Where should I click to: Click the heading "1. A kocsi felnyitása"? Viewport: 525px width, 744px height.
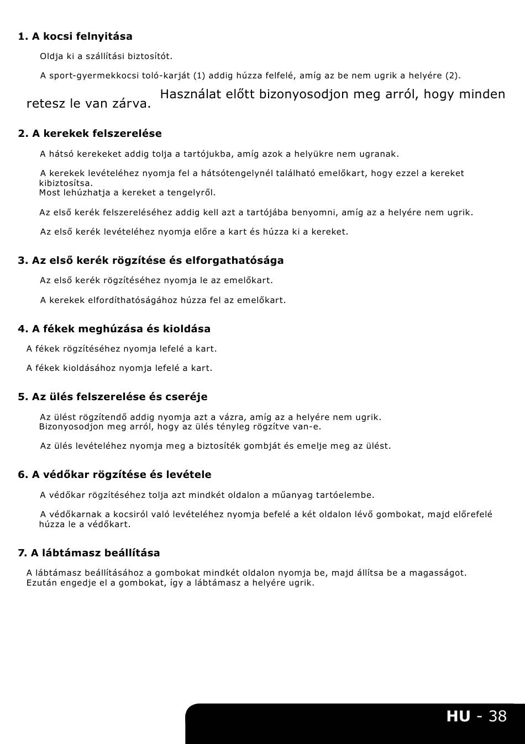75,36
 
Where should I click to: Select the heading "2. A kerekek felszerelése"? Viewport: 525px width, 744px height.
90,134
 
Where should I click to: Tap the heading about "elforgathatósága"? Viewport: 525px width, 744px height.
150,261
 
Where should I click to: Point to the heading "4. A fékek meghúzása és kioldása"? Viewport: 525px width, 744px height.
114,329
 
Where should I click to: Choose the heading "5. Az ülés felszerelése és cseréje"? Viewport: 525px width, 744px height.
113,397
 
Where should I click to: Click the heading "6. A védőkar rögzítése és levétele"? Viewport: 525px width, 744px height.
114,475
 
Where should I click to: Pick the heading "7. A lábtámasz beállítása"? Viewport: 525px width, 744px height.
89,553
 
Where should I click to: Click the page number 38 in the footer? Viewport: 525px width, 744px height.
497,716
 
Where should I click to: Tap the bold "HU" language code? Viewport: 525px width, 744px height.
458,716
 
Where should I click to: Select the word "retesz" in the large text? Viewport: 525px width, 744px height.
43,104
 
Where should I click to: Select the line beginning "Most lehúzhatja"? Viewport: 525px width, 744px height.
127,193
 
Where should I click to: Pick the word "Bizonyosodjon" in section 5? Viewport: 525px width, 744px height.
69,427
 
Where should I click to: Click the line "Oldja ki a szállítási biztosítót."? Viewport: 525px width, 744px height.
106,56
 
